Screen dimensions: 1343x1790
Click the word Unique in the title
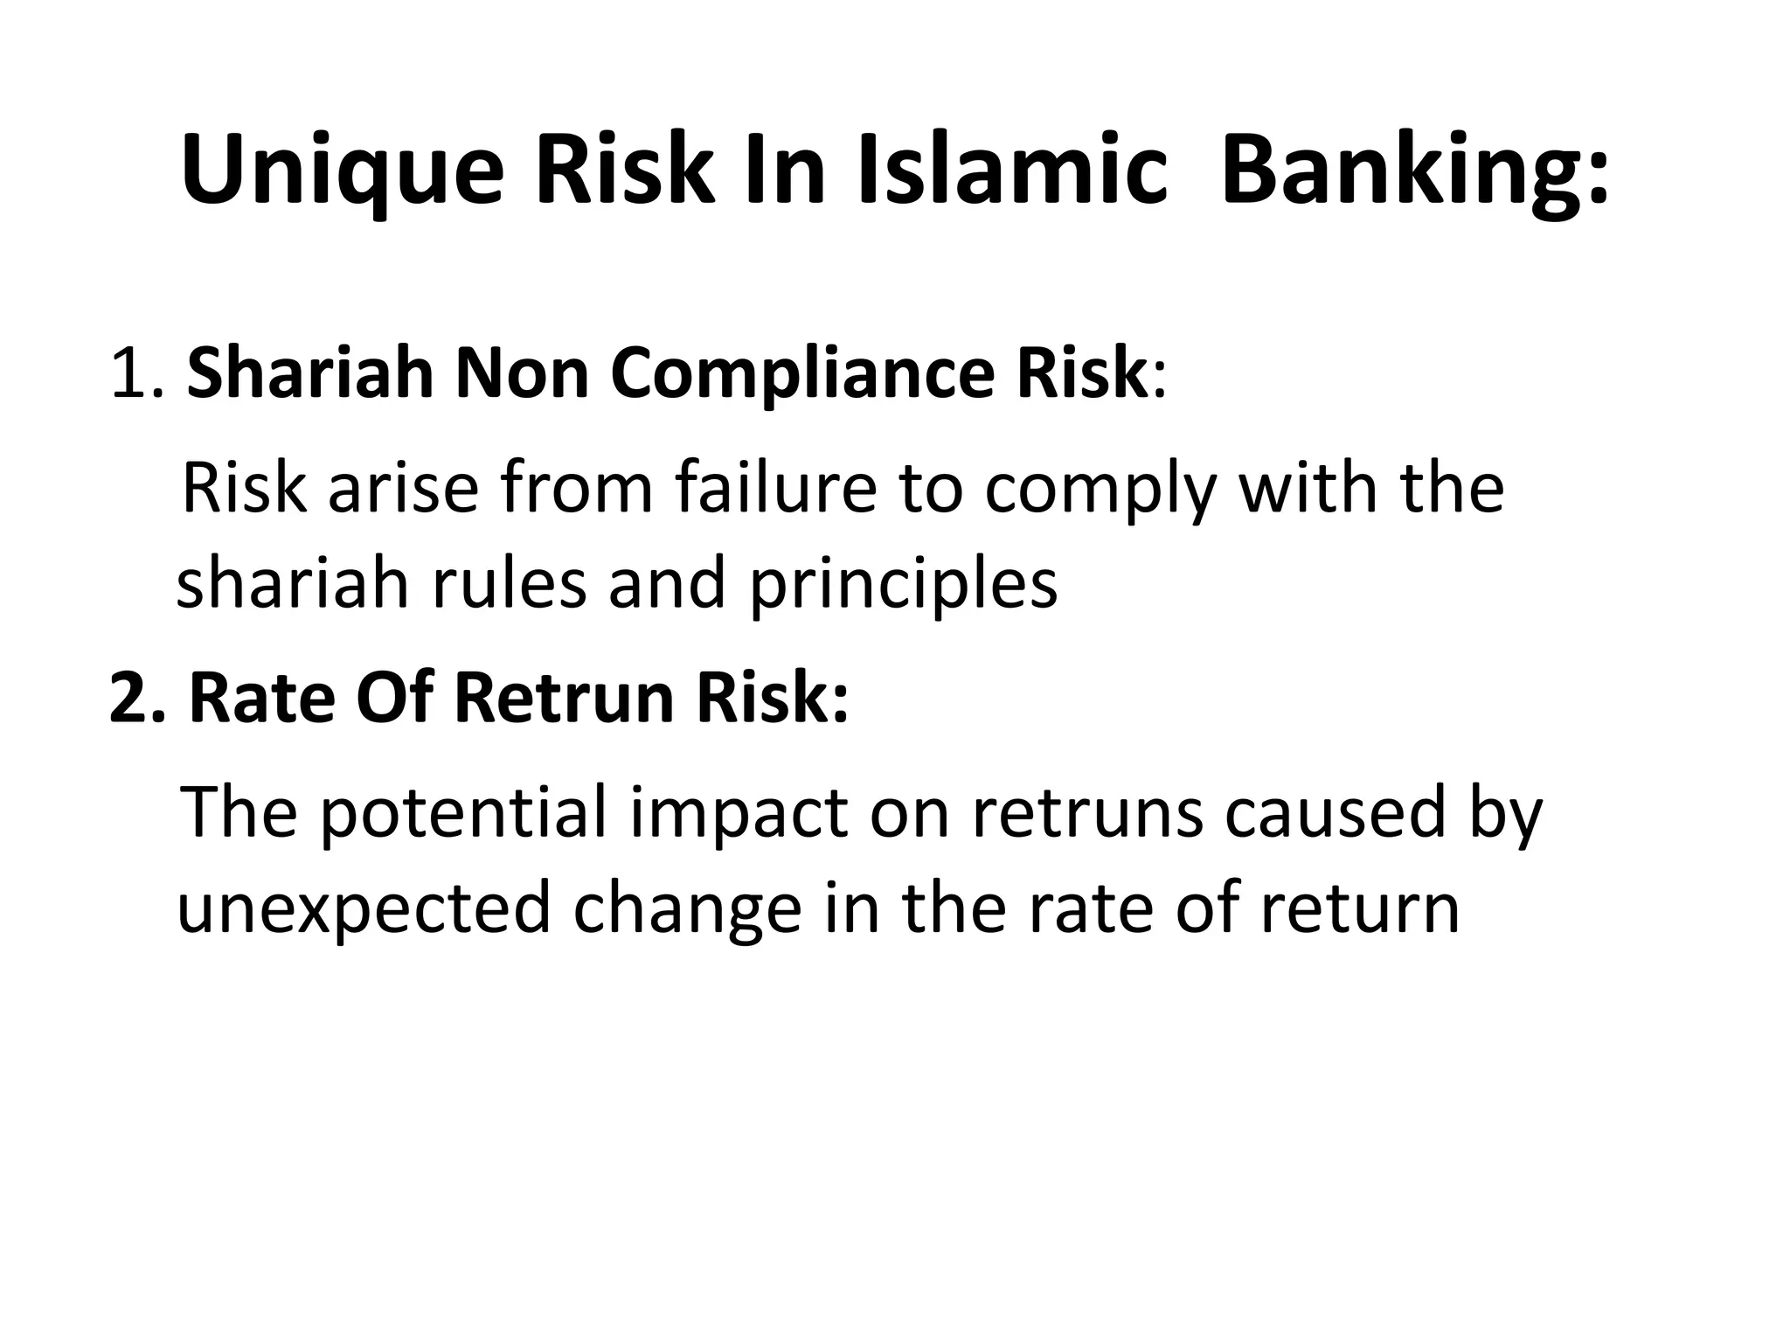[x=342, y=172]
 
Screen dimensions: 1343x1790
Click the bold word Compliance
[x=801, y=374]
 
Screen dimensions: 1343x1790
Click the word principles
[x=903, y=584]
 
